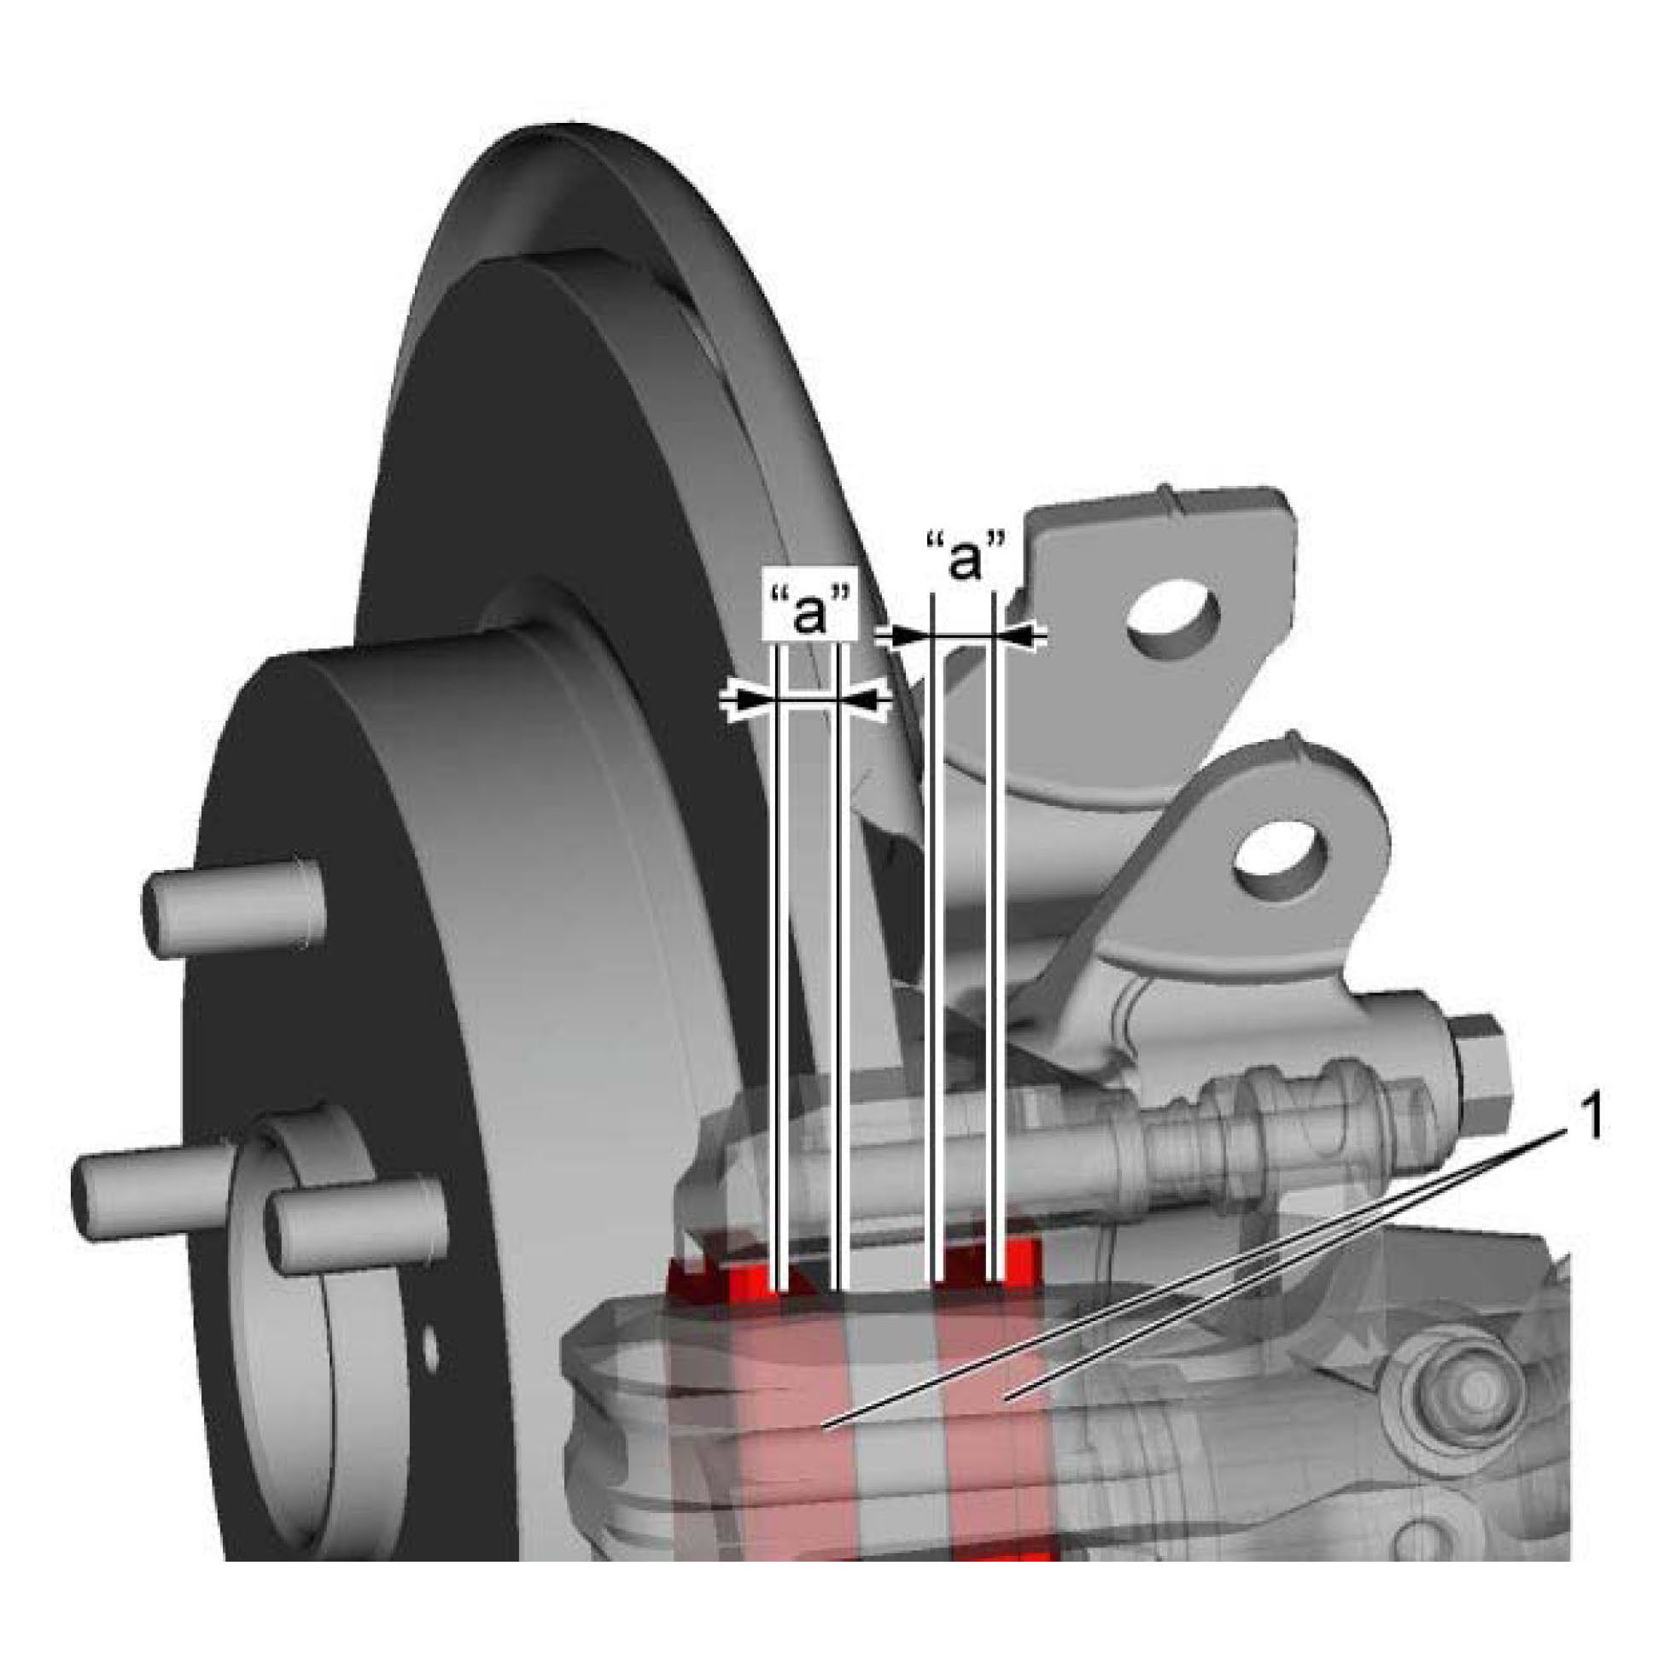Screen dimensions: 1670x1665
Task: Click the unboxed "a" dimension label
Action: (966, 557)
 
